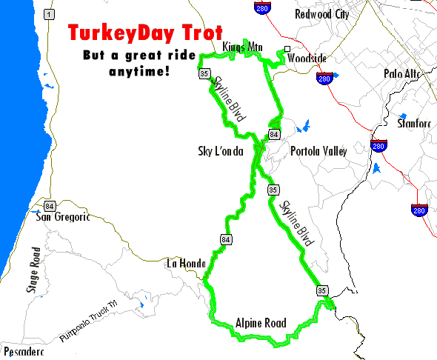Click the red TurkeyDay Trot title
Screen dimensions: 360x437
pyautogui.click(x=144, y=34)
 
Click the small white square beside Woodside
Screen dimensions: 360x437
pyautogui.click(x=287, y=50)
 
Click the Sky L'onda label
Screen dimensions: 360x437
pyautogui.click(x=221, y=151)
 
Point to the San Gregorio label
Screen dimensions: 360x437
pyautogui.click(x=63, y=217)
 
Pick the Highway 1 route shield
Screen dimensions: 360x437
pyautogui.click(x=49, y=14)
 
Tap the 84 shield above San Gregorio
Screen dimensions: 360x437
pyautogui.click(x=50, y=205)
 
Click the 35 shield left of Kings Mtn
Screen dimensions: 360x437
pyautogui.click(x=203, y=73)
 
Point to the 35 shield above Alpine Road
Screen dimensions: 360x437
pyautogui.click(x=321, y=290)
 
